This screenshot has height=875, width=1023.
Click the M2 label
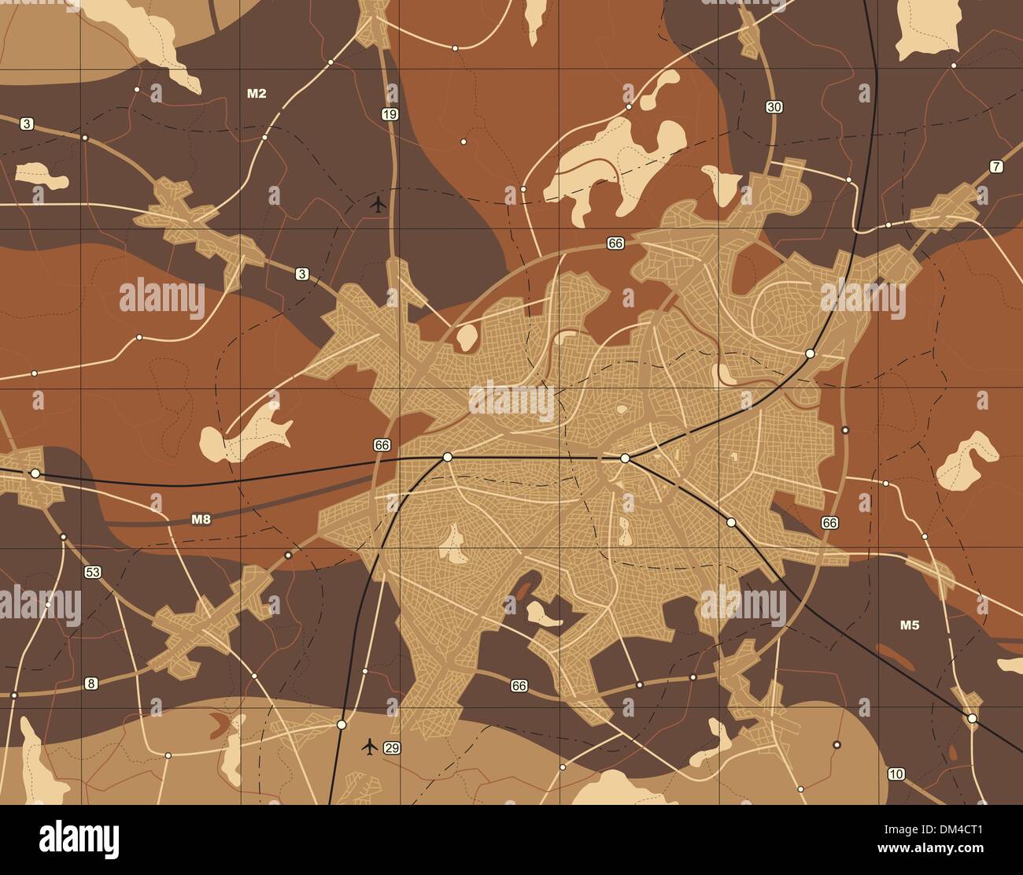pyautogui.click(x=257, y=94)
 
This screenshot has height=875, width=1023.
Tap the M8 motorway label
pyautogui.click(x=201, y=519)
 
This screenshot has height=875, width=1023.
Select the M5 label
pyautogui.click(x=910, y=625)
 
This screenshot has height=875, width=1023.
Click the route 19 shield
pyautogui.click(x=389, y=115)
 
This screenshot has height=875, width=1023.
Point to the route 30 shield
pyautogui.click(x=774, y=107)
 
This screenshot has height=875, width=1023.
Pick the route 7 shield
pyautogui.click(x=996, y=166)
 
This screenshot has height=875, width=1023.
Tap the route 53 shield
pyautogui.click(x=93, y=572)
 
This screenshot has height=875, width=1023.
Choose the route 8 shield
pyautogui.click(x=91, y=683)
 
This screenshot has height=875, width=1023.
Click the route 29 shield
pyautogui.click(x=392, y=747)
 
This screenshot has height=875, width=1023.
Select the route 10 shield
pyautogui.click(x=896, y=773)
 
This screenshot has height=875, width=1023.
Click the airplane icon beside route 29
pyautogui.click(x=369, y=746)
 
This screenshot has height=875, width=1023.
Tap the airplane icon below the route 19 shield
pyautogui.click(x=379, y=205)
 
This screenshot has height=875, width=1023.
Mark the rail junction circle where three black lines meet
pyautogui.click(x=625, y=458)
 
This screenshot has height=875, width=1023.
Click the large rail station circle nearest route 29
pyautogui.click(x=342, y=724)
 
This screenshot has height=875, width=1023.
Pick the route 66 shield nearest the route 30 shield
pyautogui.click(x=615, y=244)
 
